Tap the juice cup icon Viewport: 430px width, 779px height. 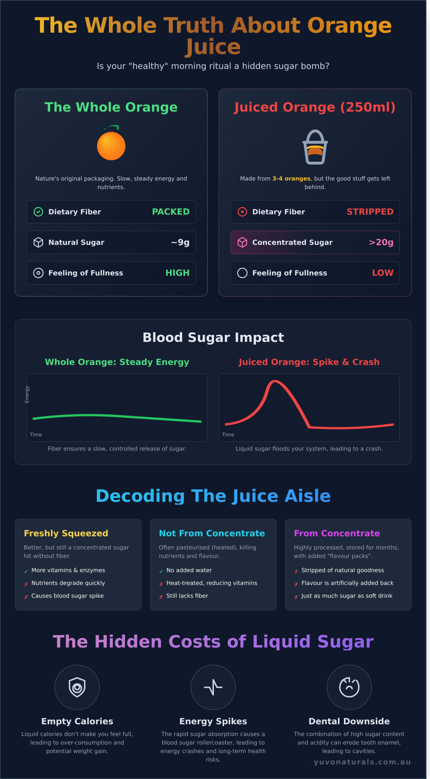coord(315,148)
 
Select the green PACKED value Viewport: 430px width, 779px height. coord(170,212)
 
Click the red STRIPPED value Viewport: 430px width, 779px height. coord(370,212)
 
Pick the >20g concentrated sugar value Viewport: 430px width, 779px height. coord(381,242)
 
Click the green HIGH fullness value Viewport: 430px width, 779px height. coord(177,273)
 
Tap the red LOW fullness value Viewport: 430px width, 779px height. coord(383,273)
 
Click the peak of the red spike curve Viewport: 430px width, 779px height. coord(274,381)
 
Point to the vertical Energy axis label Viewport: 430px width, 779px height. coord(27,394)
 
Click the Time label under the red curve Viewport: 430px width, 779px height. coord(228,435)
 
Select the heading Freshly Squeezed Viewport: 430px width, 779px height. coord(66,533)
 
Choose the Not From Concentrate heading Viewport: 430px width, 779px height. coord(212,533)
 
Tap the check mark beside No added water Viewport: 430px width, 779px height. coord(161,571)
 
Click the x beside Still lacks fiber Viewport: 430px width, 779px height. coord(161,597)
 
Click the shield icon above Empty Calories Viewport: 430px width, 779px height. coord(77,687)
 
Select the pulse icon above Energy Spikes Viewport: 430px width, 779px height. coord(213,687)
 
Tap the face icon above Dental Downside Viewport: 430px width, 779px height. coord(349,687)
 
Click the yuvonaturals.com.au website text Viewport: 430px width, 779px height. coord(362,762)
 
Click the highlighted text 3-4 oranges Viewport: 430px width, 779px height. coord(291,179)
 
